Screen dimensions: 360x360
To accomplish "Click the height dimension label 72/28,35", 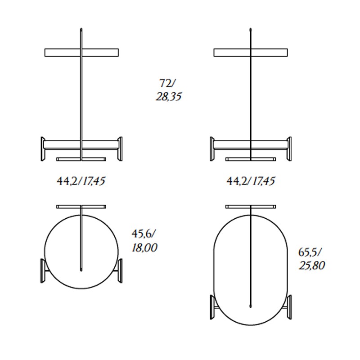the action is coord(169,90).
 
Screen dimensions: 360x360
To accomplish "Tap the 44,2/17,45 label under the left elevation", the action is coord(81,181).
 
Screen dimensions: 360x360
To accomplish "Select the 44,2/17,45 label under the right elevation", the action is coord(251,181).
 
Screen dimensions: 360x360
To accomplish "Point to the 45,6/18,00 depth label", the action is coord(144,241).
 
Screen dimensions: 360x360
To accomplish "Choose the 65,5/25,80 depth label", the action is coord(311,259).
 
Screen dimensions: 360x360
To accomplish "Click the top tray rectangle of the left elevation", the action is coord(81,53).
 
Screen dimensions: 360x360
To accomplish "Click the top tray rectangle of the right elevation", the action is coord(251,53).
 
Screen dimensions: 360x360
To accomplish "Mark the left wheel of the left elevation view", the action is coord(43,149).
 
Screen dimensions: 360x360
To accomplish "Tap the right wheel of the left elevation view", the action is coord(120,149).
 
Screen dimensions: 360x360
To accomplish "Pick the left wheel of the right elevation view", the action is coord(212,149).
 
